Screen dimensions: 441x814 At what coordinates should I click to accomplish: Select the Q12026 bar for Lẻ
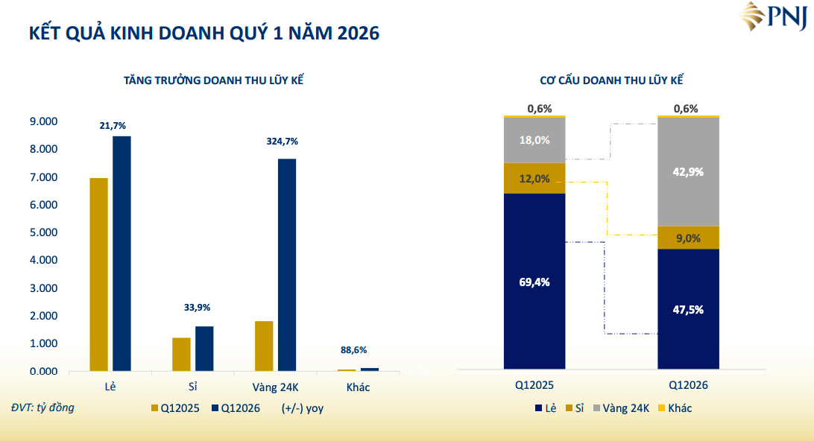122,253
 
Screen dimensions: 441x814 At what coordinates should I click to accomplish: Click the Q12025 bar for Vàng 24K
264,346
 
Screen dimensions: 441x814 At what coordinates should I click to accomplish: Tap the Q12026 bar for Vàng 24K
287,264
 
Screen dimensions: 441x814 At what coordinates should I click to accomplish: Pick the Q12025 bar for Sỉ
181,354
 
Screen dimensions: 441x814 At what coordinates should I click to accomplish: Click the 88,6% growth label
354,350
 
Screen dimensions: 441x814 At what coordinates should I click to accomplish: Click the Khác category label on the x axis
358,387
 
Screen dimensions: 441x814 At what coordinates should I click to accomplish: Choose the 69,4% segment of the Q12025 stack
534,282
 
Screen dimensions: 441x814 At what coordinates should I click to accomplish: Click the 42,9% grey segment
688,171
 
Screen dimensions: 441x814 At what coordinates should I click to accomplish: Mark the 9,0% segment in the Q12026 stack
688,238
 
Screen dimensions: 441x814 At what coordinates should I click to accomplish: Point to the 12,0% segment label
534,179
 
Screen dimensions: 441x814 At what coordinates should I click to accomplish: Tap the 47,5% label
688,309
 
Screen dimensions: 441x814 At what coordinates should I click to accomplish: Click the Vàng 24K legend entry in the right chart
621,408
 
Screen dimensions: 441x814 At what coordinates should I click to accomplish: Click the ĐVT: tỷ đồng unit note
42,407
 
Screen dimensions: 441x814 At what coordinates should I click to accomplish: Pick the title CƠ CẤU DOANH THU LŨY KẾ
611,80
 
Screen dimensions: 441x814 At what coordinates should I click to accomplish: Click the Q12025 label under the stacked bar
534,386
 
